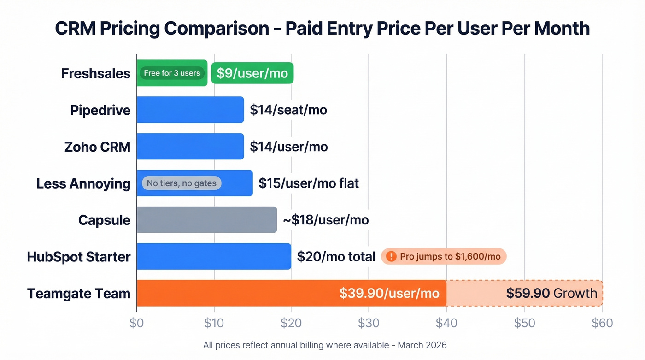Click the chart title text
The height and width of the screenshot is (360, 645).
[322, 29]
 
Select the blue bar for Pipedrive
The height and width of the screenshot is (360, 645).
[190, 110]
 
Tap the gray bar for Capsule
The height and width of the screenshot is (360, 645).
[207, 220]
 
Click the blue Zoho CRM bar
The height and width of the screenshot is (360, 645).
[190, 147]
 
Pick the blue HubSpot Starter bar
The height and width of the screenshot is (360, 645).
[214, 256]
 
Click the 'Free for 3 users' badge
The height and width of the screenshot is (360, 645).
[172, 73]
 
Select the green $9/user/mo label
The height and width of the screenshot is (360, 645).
[252, 73]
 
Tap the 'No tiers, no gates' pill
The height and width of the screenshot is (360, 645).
[182, 183]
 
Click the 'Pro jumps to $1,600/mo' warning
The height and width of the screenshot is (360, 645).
[444, 256]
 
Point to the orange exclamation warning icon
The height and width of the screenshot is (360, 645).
[391, 256]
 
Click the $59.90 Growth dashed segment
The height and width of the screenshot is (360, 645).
[524, 293]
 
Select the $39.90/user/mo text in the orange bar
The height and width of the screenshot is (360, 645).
[389, 293]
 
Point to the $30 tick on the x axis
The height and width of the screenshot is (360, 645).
[369, 323]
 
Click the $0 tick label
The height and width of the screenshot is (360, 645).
[137, 323]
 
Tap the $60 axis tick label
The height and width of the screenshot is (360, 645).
[602, 323]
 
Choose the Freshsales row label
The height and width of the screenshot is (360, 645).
[96, 73]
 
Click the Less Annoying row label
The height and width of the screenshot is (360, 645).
[83, 183]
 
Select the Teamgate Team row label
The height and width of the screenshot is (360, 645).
[79, 294]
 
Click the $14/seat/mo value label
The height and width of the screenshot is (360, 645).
[288, 110]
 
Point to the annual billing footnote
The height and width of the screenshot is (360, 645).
[325, 345]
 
